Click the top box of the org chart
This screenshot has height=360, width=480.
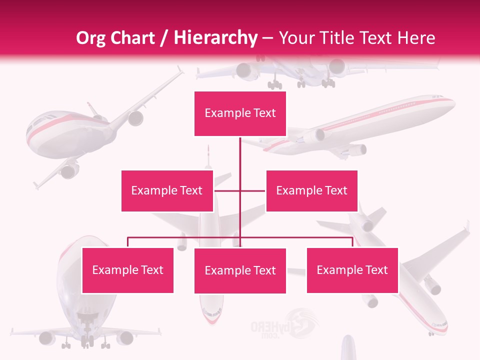[240, 113]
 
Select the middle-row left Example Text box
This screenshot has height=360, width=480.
[167, 190]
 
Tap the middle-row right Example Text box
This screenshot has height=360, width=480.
[311, 190]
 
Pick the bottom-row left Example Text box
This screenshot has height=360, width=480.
[127, 270]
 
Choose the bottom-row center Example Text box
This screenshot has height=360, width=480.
[240, 270]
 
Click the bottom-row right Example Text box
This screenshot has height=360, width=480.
[352, 270]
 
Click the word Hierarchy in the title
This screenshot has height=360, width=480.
[215, 38]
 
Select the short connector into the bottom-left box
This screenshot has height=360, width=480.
[128, 242]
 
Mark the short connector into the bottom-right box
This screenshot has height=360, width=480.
[352, 242]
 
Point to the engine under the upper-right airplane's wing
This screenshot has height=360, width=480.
[357, 148]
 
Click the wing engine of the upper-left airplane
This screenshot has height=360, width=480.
[135, 118]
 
